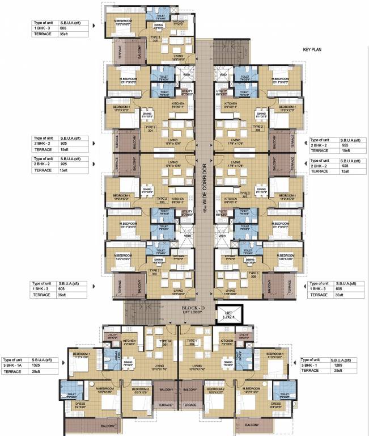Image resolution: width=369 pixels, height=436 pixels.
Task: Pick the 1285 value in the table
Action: [342, 366]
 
